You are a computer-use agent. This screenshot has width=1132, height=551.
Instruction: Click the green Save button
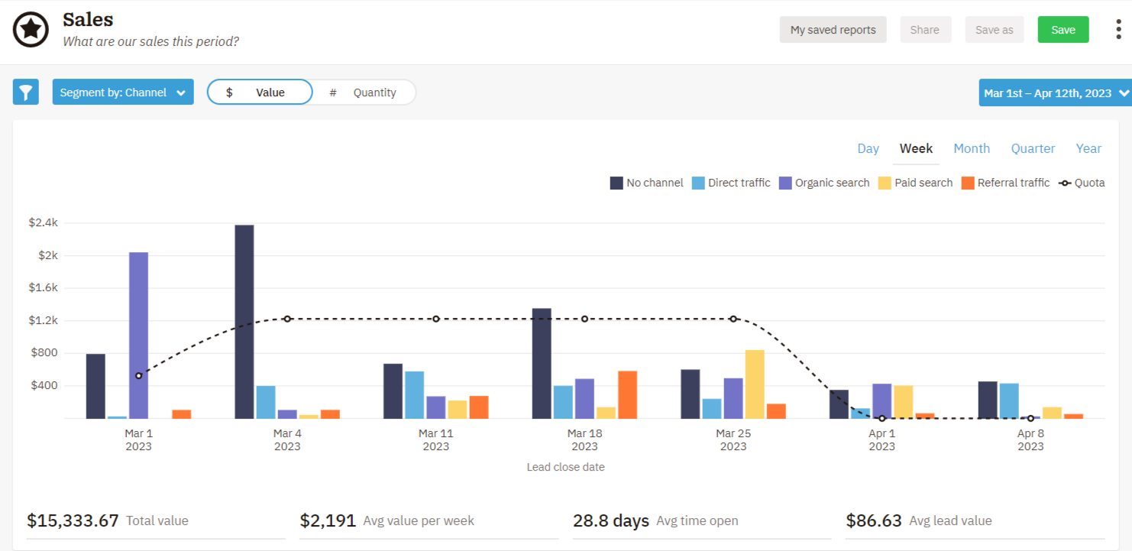(x=1062, y=30)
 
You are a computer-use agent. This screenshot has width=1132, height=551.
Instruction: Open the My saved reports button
(x=833, y=30)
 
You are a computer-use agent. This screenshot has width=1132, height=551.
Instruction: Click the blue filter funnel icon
(x=26, y=92)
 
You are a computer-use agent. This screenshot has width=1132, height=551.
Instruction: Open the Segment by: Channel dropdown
(x=122, y=92)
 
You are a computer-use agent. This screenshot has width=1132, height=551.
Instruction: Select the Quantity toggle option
(x=364, y=92)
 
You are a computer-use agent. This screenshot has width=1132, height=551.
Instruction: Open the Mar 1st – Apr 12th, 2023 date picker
(x=1054, y=93)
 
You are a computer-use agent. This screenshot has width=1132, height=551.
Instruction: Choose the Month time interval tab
(x=971, y=148)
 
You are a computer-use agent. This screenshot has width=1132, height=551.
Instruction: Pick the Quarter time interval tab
(x=1033, y=148)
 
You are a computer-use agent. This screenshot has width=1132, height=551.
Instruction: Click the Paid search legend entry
(x=915, y=183)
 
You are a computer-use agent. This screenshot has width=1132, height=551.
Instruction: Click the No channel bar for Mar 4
(x=244, y=321)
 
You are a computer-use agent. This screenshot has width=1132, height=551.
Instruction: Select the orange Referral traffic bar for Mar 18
(x=627, y=394)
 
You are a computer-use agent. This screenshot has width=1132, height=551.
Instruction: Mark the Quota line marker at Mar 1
(x=138, y=376)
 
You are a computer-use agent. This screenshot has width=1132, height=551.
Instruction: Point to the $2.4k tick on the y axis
(x=43, y=223)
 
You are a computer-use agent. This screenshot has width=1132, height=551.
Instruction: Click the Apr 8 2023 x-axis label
(x=1030, y=439)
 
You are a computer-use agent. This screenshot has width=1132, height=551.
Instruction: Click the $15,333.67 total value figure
(x=73, y=521)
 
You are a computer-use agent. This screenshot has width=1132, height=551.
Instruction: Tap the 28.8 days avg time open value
(x=610, y=521)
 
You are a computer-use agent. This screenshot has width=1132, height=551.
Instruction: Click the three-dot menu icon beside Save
(x=1118, y=30)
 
